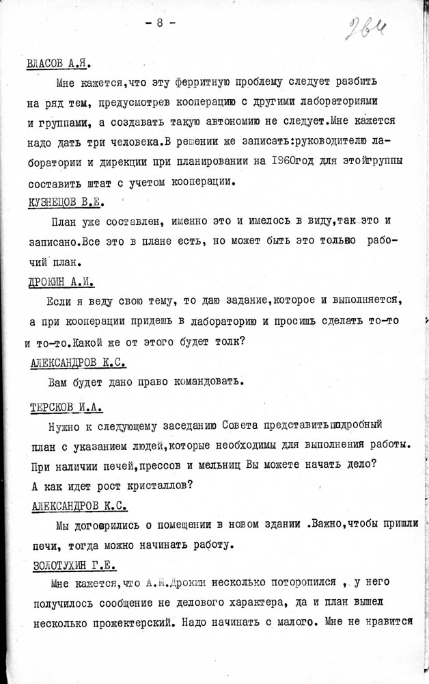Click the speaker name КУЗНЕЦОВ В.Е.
pyautogui.click(x=66, y=202)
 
